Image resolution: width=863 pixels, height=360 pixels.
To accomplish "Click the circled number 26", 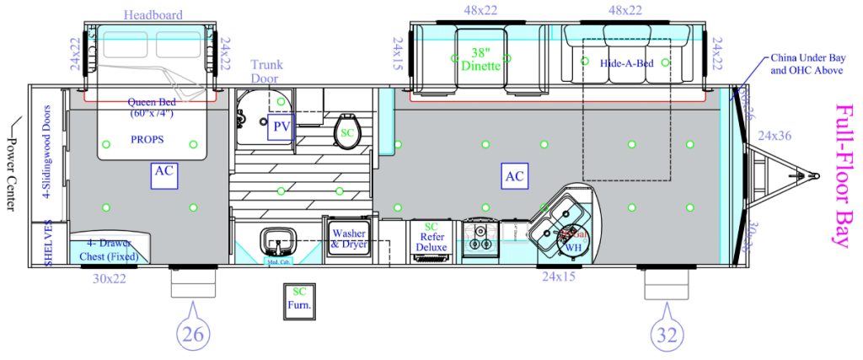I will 193,334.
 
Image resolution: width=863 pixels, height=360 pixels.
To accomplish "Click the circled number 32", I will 667,334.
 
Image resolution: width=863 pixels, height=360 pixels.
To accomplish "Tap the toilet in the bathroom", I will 346,130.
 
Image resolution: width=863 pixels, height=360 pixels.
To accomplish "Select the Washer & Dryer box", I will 349,239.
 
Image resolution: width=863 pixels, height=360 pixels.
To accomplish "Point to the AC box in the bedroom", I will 163,171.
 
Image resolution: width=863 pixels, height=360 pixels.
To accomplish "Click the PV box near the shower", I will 281,127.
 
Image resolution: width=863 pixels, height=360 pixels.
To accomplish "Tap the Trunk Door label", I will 266,72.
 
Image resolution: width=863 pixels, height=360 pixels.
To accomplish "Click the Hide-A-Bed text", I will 624,62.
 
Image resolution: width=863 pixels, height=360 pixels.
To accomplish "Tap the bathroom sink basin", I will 275,242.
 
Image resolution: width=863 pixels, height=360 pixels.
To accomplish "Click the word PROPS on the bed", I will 147,139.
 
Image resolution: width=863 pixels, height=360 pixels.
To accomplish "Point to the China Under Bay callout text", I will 807,64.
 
